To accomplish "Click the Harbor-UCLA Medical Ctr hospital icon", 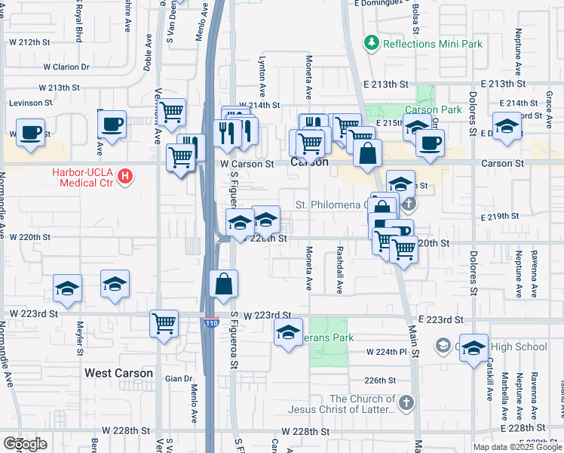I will pyautogui.click(x=126, y=177).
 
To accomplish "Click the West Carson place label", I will pyautogui.click(x=118, y=373).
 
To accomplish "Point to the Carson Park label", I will pyautogui.click(x=433, y=109).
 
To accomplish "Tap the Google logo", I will pyautogui.click(x=25, y=444).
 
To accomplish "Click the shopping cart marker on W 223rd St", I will pyautogui.click(x=164, y=323).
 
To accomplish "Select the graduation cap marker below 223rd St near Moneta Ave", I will pyautogui.click(x=288, y=331).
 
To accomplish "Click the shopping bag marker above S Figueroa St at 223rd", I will pyautogui.click(x=224, y=284).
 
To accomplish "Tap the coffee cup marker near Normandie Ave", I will pyautogui.click(x=30, y=132).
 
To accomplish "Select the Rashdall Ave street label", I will pyautogui.click(x=340, y=269).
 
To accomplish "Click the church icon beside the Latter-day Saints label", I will pyautogui.click(x=407, y=402).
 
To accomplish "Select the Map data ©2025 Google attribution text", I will pyautogui.click(x=516, y=447).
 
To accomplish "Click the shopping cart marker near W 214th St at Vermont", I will pyautogui.click(x=173, y=112).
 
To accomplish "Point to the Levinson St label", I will pyautogui.click(x=30, y=102).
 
